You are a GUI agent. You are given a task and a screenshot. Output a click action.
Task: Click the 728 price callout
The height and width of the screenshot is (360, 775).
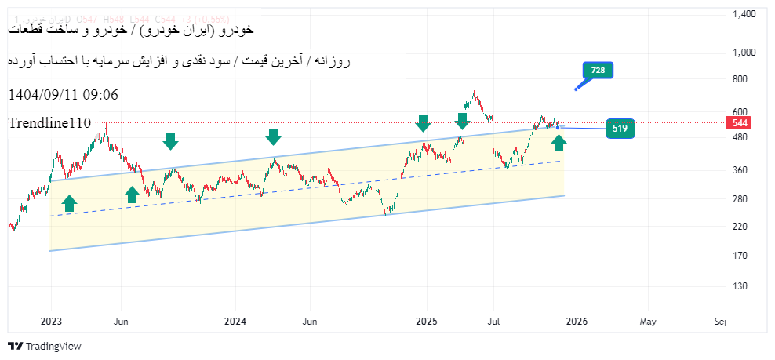coord(598,71)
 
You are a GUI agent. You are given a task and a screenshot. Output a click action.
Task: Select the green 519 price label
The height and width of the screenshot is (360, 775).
coord(620,129)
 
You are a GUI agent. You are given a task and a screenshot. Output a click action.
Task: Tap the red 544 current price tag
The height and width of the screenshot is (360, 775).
coord(740,123)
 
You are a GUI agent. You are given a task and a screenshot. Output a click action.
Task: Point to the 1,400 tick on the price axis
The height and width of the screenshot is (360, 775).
coord(744,14)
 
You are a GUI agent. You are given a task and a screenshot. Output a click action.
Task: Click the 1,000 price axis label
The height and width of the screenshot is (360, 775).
coord(744,53)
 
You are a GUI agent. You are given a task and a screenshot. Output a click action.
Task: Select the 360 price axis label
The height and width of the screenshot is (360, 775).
coord(740,170)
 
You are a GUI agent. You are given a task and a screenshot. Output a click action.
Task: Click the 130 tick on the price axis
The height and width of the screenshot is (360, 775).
coord(740,286)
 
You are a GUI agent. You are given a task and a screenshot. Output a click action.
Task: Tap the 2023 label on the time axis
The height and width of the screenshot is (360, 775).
coord(51,321)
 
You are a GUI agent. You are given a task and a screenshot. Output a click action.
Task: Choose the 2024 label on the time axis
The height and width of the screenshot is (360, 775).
coord(235,321)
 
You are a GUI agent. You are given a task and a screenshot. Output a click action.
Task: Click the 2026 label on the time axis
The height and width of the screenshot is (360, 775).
coord(577,321)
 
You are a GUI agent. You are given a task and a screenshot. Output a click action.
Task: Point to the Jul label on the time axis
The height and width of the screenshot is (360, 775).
coord(494,321)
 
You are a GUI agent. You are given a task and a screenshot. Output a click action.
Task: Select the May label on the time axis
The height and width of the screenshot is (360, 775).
coord(648,321)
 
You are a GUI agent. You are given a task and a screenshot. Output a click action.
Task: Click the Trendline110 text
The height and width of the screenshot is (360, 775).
coord(50,123)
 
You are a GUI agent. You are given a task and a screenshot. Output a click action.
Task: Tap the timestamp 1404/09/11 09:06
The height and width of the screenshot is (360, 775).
coord(64,95)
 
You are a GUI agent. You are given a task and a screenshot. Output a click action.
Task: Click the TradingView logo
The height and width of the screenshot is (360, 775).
coord(45,346)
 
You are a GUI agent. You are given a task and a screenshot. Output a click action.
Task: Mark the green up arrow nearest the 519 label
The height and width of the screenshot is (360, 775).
coord(559,143)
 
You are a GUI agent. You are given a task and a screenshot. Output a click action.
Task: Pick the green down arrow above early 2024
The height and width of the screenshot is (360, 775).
coord(273,137)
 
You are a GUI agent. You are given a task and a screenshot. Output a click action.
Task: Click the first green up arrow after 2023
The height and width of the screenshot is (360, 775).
coord(69,203)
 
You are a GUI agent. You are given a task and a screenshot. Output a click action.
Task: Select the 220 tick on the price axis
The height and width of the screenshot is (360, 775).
coord(740,227)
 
